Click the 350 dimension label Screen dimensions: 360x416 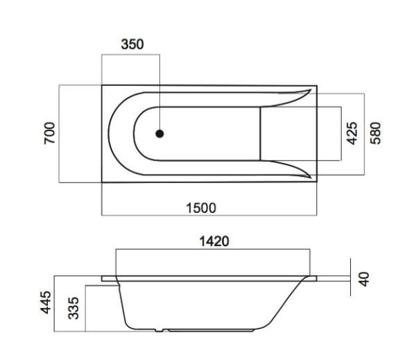[x=132, y=44]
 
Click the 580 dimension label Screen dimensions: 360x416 [x=376, y=133]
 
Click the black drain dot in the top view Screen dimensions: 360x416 [x=159, y=133]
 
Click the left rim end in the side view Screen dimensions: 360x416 [x=105, y=280]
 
